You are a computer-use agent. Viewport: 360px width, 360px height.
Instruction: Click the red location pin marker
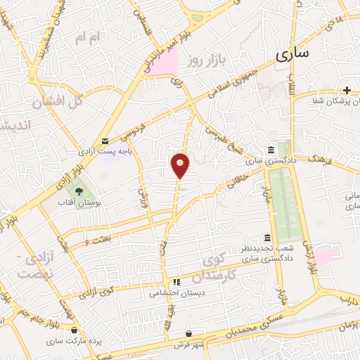pyautogui.click(x=181, y=165)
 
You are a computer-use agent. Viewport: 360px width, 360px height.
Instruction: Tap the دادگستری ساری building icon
pyautogui.click(x=271, y=150)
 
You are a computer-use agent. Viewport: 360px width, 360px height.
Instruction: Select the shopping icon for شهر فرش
pyautogui.click(x=189, y=333)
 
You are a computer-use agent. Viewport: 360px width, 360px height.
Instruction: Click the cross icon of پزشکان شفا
pyautogui.click(x=347, y=90)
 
